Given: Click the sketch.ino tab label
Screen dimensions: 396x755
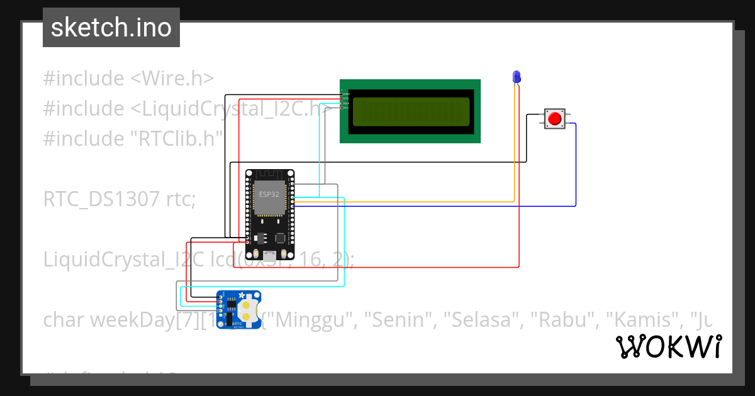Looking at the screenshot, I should coord(111,28).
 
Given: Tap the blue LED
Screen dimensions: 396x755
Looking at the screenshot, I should coord(517,77).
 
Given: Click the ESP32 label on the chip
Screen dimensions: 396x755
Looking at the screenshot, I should coord(269,194).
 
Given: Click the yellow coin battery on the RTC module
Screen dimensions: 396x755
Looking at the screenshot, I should coord(248,309).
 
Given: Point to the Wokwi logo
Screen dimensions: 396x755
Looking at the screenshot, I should coord(668,346).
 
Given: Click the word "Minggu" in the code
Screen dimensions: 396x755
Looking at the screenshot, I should coord(313,320).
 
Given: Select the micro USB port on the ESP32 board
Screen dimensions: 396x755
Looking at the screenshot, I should coord(269,255).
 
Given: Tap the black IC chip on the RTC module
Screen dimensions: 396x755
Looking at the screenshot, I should coord(232,306).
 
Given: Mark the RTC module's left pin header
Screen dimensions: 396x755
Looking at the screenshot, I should coord(220,305).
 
